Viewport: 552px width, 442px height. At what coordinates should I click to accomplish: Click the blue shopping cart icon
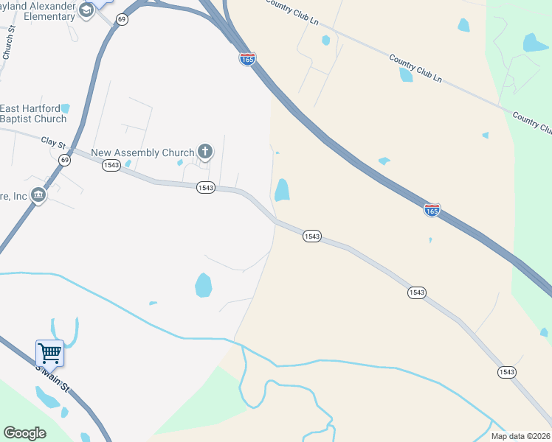[49, 353]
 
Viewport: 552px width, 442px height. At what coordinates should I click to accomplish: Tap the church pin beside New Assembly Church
[205, 152]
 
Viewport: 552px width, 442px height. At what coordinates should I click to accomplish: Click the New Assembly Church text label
[142, 153]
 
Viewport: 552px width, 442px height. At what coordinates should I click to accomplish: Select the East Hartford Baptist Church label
[33, 113]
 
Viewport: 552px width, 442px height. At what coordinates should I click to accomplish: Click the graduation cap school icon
[87, 10]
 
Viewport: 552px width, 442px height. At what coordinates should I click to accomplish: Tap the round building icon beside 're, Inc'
[38, 195]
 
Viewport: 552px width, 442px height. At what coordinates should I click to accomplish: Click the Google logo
[24, 433]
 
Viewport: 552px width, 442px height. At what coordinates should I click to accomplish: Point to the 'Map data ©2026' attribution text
[520, 436]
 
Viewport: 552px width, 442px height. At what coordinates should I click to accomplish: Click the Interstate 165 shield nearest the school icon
[247, 59]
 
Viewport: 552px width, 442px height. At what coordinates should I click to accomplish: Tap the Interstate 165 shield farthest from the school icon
[432, 210]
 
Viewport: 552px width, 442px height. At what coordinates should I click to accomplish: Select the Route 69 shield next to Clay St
[65, 160]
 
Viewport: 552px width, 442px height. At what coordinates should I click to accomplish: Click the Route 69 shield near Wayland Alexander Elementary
[122, 19]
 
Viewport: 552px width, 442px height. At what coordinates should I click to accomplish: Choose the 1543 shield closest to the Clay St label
[111, 166]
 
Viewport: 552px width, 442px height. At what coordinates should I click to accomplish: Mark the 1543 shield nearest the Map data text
[506, 372]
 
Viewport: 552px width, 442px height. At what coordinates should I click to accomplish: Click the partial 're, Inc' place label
[14, 196]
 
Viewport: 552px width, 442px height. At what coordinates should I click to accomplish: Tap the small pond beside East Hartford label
[66, 108]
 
